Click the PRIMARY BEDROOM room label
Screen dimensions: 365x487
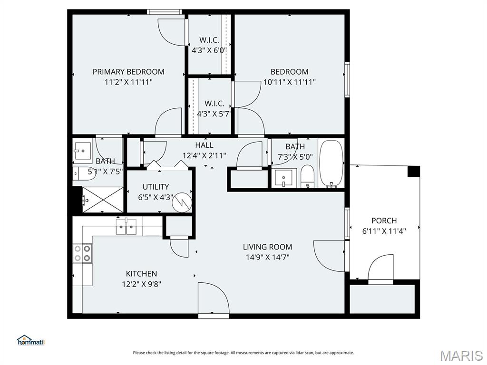point(128,72)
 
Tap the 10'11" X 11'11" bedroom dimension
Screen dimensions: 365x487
point(290,82)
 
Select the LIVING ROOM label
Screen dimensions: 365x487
point(267,247)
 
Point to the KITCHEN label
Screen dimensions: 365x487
point(141,274)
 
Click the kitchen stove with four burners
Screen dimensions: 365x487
point(82,253)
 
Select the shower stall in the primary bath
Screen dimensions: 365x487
point(103,200)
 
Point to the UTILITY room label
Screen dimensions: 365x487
point(156,187)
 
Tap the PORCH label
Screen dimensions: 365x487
point(384,221)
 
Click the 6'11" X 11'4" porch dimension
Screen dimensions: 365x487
point(384,231)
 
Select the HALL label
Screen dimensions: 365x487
point(204,145)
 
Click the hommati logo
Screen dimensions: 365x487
point(30,340)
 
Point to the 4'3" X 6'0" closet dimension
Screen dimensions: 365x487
point(209,50)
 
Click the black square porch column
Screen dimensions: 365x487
point(414,172)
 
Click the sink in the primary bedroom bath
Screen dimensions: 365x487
point(83,150)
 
